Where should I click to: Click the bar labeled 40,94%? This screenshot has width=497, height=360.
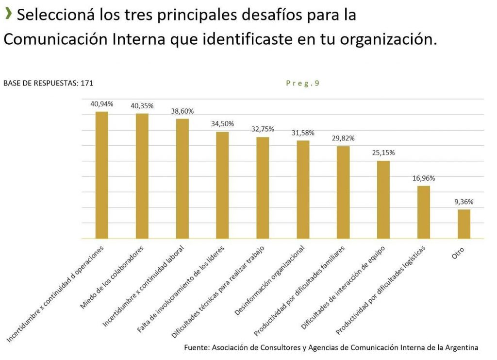102,175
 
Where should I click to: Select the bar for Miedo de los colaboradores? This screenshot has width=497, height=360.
142,176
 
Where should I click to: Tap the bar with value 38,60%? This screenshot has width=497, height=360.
182,178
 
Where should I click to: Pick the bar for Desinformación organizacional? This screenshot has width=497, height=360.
303,189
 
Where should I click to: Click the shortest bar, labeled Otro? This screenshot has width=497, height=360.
464,224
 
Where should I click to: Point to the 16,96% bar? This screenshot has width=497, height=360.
424,212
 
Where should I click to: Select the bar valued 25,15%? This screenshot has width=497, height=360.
383,199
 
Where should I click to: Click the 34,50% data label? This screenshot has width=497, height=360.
223,124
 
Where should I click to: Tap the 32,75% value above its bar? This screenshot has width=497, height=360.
263,129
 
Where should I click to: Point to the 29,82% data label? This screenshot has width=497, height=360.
343,138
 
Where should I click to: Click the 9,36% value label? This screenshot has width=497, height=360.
464,202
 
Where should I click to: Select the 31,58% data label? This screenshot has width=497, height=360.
303,133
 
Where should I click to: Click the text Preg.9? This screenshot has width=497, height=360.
302,83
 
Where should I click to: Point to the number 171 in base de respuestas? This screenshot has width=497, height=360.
87,83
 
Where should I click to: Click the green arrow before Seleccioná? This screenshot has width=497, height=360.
8,15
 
